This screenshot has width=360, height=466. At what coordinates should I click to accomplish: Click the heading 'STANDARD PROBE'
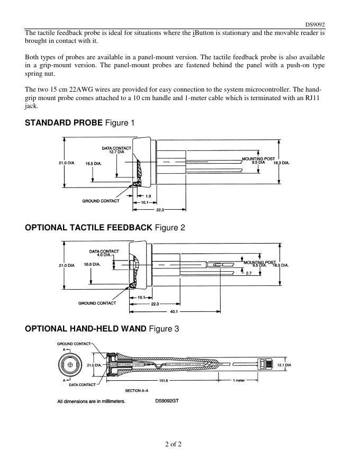(x=64, y=123)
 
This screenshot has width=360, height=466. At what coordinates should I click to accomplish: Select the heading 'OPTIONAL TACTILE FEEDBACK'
(x=89, y=228)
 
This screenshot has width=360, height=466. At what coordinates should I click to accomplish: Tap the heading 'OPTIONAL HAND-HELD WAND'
(x=86, y=329)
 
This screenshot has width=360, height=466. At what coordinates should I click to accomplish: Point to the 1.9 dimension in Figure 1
(x=148, y=196)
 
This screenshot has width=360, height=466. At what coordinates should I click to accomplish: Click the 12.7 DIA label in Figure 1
(x=116, y=152)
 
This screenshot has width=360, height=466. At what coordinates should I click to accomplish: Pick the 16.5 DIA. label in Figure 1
(x=93, y=163)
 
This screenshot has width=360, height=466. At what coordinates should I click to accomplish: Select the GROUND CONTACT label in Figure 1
(x=101, y=201)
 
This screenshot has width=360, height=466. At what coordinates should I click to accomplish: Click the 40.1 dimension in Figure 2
(x=174, y=311)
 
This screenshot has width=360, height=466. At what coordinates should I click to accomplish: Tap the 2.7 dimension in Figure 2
(x=248, y=273)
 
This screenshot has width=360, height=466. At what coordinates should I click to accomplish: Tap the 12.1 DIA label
(x=285, y=365)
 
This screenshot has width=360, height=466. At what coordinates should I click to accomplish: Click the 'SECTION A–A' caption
(x=136, y=391)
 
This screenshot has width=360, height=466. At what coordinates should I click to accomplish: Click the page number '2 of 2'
(x=173, y=444)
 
